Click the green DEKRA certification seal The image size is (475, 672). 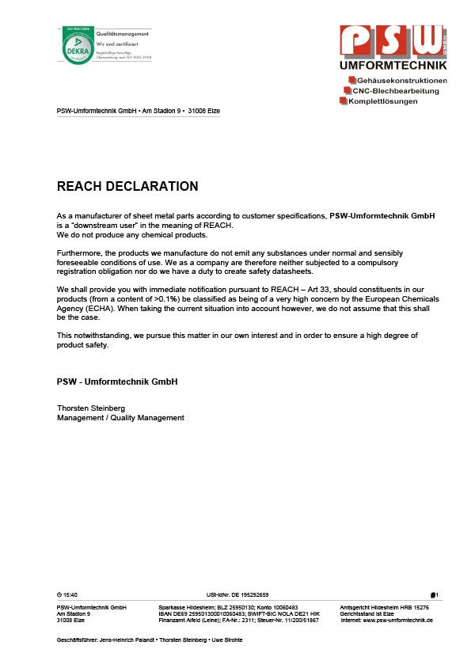tap(77, 46)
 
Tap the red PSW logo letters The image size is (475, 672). tap(392, 42)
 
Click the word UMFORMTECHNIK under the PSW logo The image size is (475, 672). tap(393, 66)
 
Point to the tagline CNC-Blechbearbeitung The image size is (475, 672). tap(395, 91)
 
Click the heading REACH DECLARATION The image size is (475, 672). tap(127, 187)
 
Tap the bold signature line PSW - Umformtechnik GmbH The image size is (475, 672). tap(117, 382)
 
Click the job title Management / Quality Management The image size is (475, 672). tap(120, 417)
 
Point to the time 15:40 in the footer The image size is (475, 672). tap(70, 594)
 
